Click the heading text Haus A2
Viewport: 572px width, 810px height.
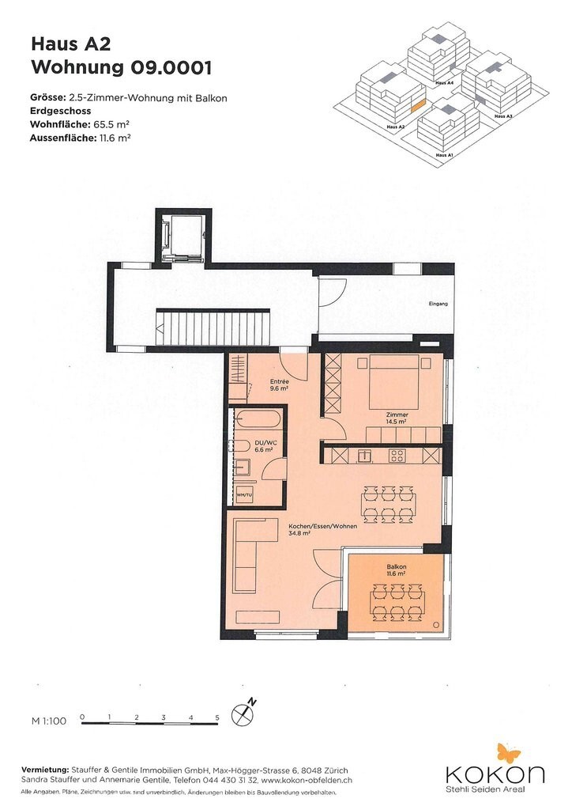pos(70,44)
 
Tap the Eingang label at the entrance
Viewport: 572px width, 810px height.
pos(438,304)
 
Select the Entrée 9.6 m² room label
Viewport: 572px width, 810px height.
pos(279,385)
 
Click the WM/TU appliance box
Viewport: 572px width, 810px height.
pos(244,495)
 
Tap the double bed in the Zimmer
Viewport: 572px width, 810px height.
pos(394,381)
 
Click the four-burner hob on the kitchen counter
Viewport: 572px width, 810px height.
pos(397,455)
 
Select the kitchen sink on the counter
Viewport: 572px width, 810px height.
pos(365,455)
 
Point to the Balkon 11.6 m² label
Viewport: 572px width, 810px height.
pos(396,570)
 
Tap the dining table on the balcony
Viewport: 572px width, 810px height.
pos(397,601)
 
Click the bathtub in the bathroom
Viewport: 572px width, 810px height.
pos(257,419)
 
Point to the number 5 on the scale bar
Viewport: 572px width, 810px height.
pos(217,717)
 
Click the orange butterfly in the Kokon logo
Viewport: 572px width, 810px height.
pos(509,753)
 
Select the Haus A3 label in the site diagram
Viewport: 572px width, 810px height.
pos(503,116)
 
